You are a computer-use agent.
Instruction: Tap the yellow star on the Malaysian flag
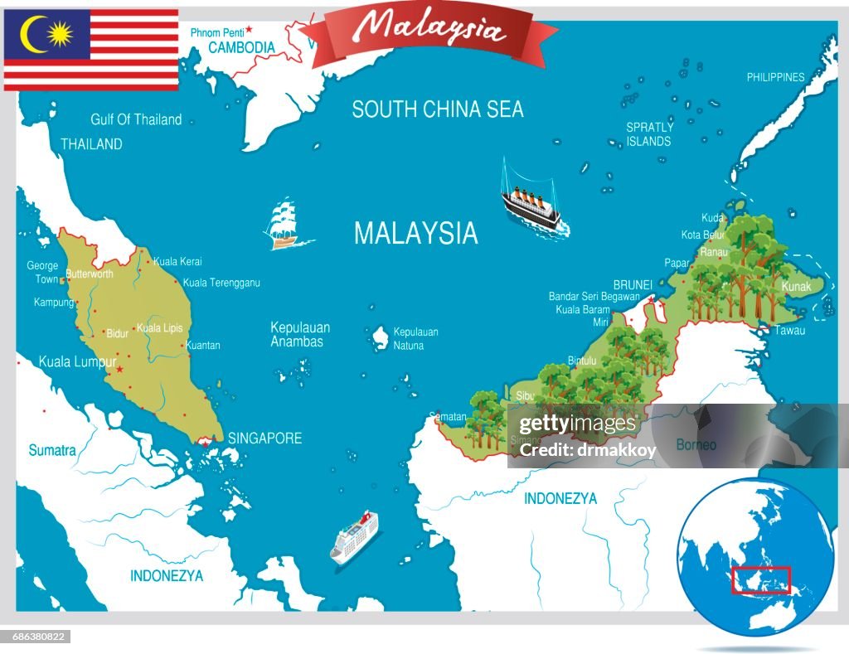(61, 34)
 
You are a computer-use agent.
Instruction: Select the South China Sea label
(438, 109)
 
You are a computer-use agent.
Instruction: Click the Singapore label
(264, 438)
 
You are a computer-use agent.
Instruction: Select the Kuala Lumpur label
(77, 362)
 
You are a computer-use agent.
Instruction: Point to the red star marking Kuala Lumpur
(119, 370)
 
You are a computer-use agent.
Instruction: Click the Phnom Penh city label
(217, 32)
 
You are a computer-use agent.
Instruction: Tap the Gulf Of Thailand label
(136, 119)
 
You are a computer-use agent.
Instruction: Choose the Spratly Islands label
(649, 134)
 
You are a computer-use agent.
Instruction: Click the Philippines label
(775, 77)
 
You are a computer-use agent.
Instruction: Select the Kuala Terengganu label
(221, 283)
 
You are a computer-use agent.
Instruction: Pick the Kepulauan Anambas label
(300, 334)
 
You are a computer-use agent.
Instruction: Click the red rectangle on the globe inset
(760, 580)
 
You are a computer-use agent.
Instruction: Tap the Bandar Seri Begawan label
(594, 296)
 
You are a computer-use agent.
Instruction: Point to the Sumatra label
(52, 451)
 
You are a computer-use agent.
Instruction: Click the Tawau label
(789, 330)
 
